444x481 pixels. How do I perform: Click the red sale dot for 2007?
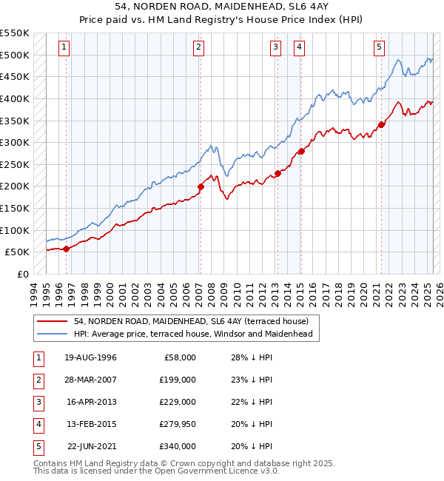[201, 186]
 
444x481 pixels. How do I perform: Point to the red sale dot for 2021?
[382, 124]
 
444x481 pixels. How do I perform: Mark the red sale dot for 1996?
[66, 249]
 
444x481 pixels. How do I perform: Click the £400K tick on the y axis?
[15, 98]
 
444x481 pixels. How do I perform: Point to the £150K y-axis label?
[15, 208]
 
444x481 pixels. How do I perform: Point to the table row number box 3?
[38, 402]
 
